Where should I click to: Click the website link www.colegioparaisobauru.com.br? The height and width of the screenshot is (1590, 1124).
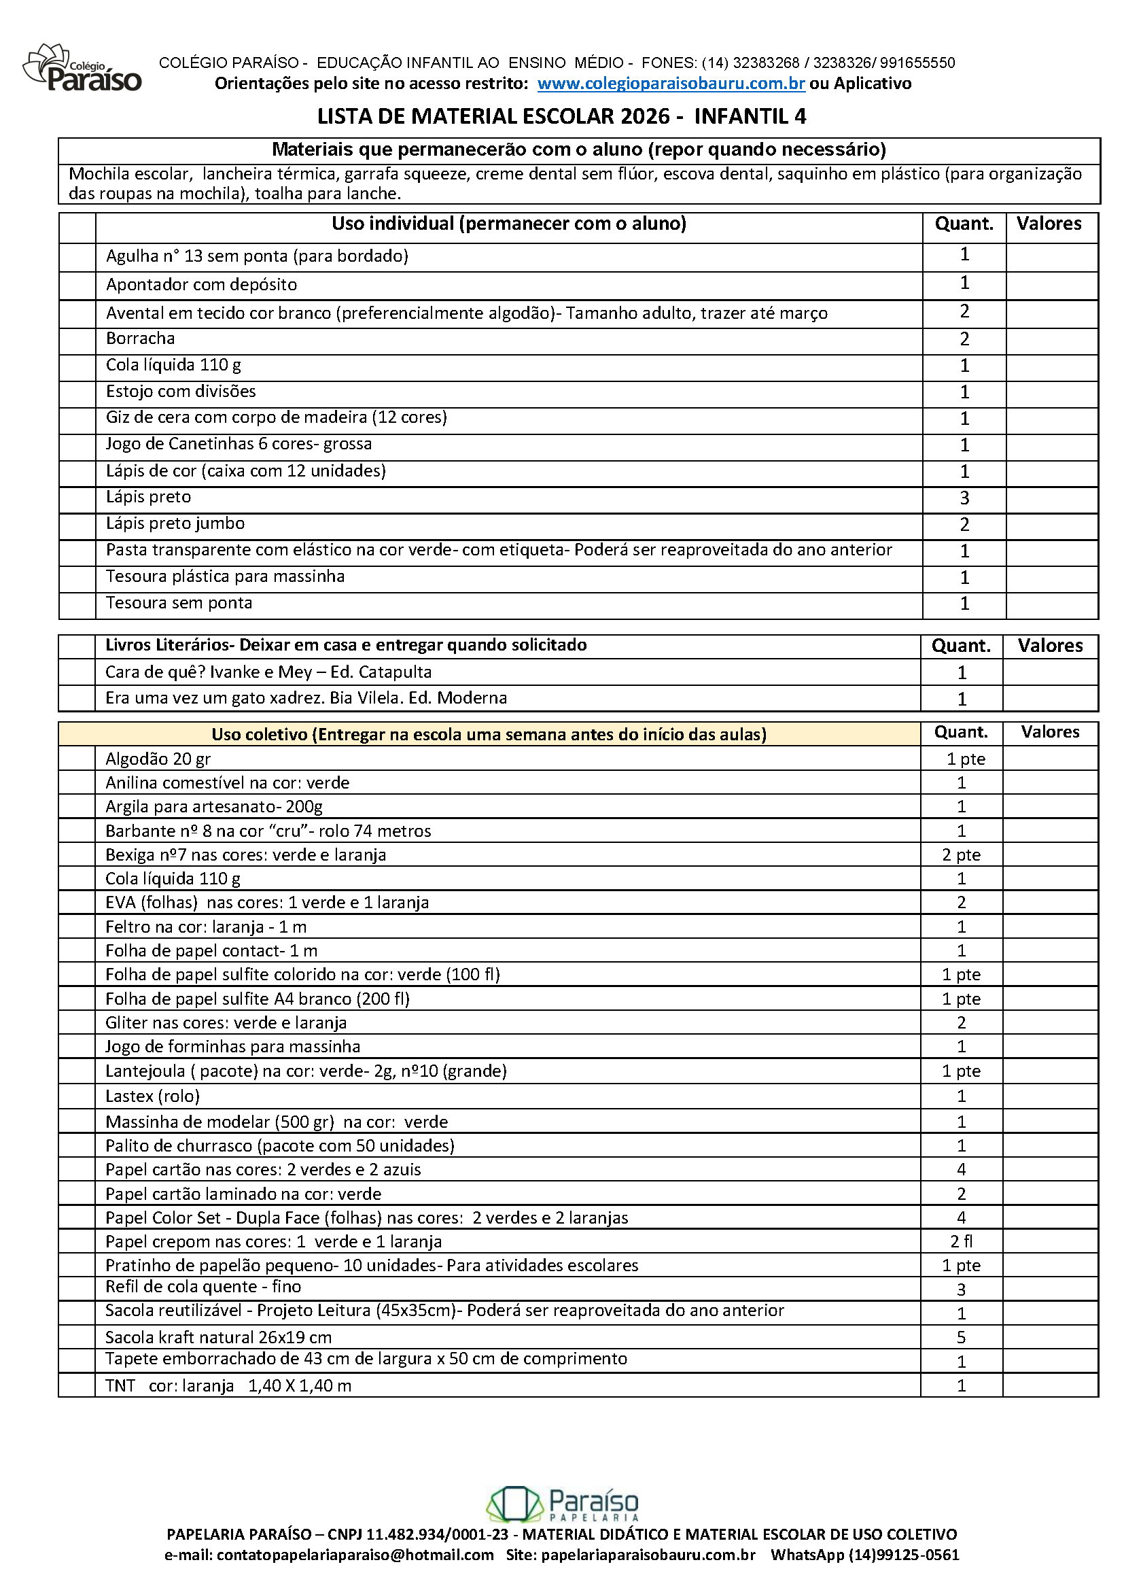click(671, 84)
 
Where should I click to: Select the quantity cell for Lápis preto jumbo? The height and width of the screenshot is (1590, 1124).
click(964, 525)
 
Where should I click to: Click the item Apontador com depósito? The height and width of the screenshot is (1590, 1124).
click(201, 285)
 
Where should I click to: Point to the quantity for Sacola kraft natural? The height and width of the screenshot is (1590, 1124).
click(962, 1337)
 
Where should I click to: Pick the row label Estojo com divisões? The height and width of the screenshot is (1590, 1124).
click(181, 392)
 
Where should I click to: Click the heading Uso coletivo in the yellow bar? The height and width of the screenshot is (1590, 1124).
click(489, 734)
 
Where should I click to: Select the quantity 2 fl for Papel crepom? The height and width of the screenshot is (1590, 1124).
click(962, 1241)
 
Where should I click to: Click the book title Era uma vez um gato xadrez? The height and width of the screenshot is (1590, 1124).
click(306, 698)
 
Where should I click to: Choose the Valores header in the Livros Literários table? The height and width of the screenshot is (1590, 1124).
click(1050, 646)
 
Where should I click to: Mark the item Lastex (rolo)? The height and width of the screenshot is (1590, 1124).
click(152, 1096)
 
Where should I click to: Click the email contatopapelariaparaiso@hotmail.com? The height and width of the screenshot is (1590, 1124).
click(355, 1555)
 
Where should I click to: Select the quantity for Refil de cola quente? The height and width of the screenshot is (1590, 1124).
click(962, 1290)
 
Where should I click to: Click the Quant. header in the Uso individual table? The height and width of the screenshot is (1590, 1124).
click(964, 224)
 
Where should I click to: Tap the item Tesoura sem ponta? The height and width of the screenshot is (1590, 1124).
click(179, 603)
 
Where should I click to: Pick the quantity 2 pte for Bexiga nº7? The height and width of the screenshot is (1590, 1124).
click(962, 855)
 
